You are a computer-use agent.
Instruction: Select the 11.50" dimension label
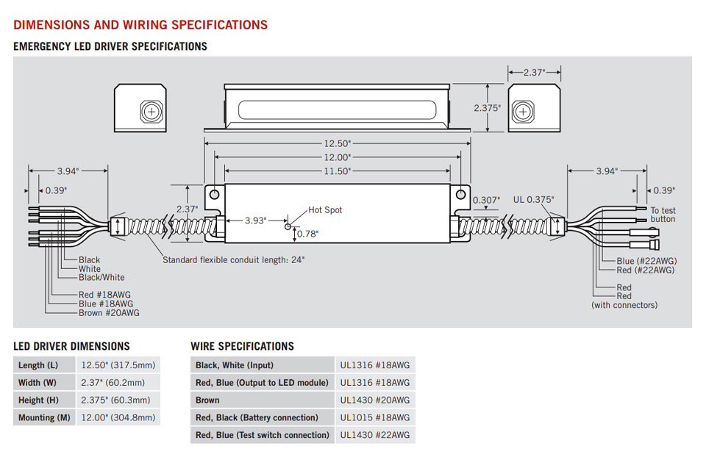pos(338,171)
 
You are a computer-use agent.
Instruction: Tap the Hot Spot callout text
pos(325,210)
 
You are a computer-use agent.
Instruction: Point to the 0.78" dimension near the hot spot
pos(309,234)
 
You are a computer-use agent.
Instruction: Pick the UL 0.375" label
pos(533,199)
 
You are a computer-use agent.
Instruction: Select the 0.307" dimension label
pos(486,199)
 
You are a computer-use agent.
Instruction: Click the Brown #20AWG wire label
pos(109,313)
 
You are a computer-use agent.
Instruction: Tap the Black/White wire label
pos(101,278)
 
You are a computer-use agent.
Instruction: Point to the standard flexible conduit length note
pos(233,259)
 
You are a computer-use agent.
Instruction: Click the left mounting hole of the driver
pos(214,195)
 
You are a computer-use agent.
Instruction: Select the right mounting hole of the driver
pos(461,195)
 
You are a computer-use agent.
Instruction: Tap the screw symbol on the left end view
pos(151,112)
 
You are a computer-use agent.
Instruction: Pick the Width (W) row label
pos(37,382)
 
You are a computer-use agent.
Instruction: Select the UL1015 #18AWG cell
pos(375,417)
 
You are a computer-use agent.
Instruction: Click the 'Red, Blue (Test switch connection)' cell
pos(263,435)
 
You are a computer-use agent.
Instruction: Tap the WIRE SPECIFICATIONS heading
pos(242,346)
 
